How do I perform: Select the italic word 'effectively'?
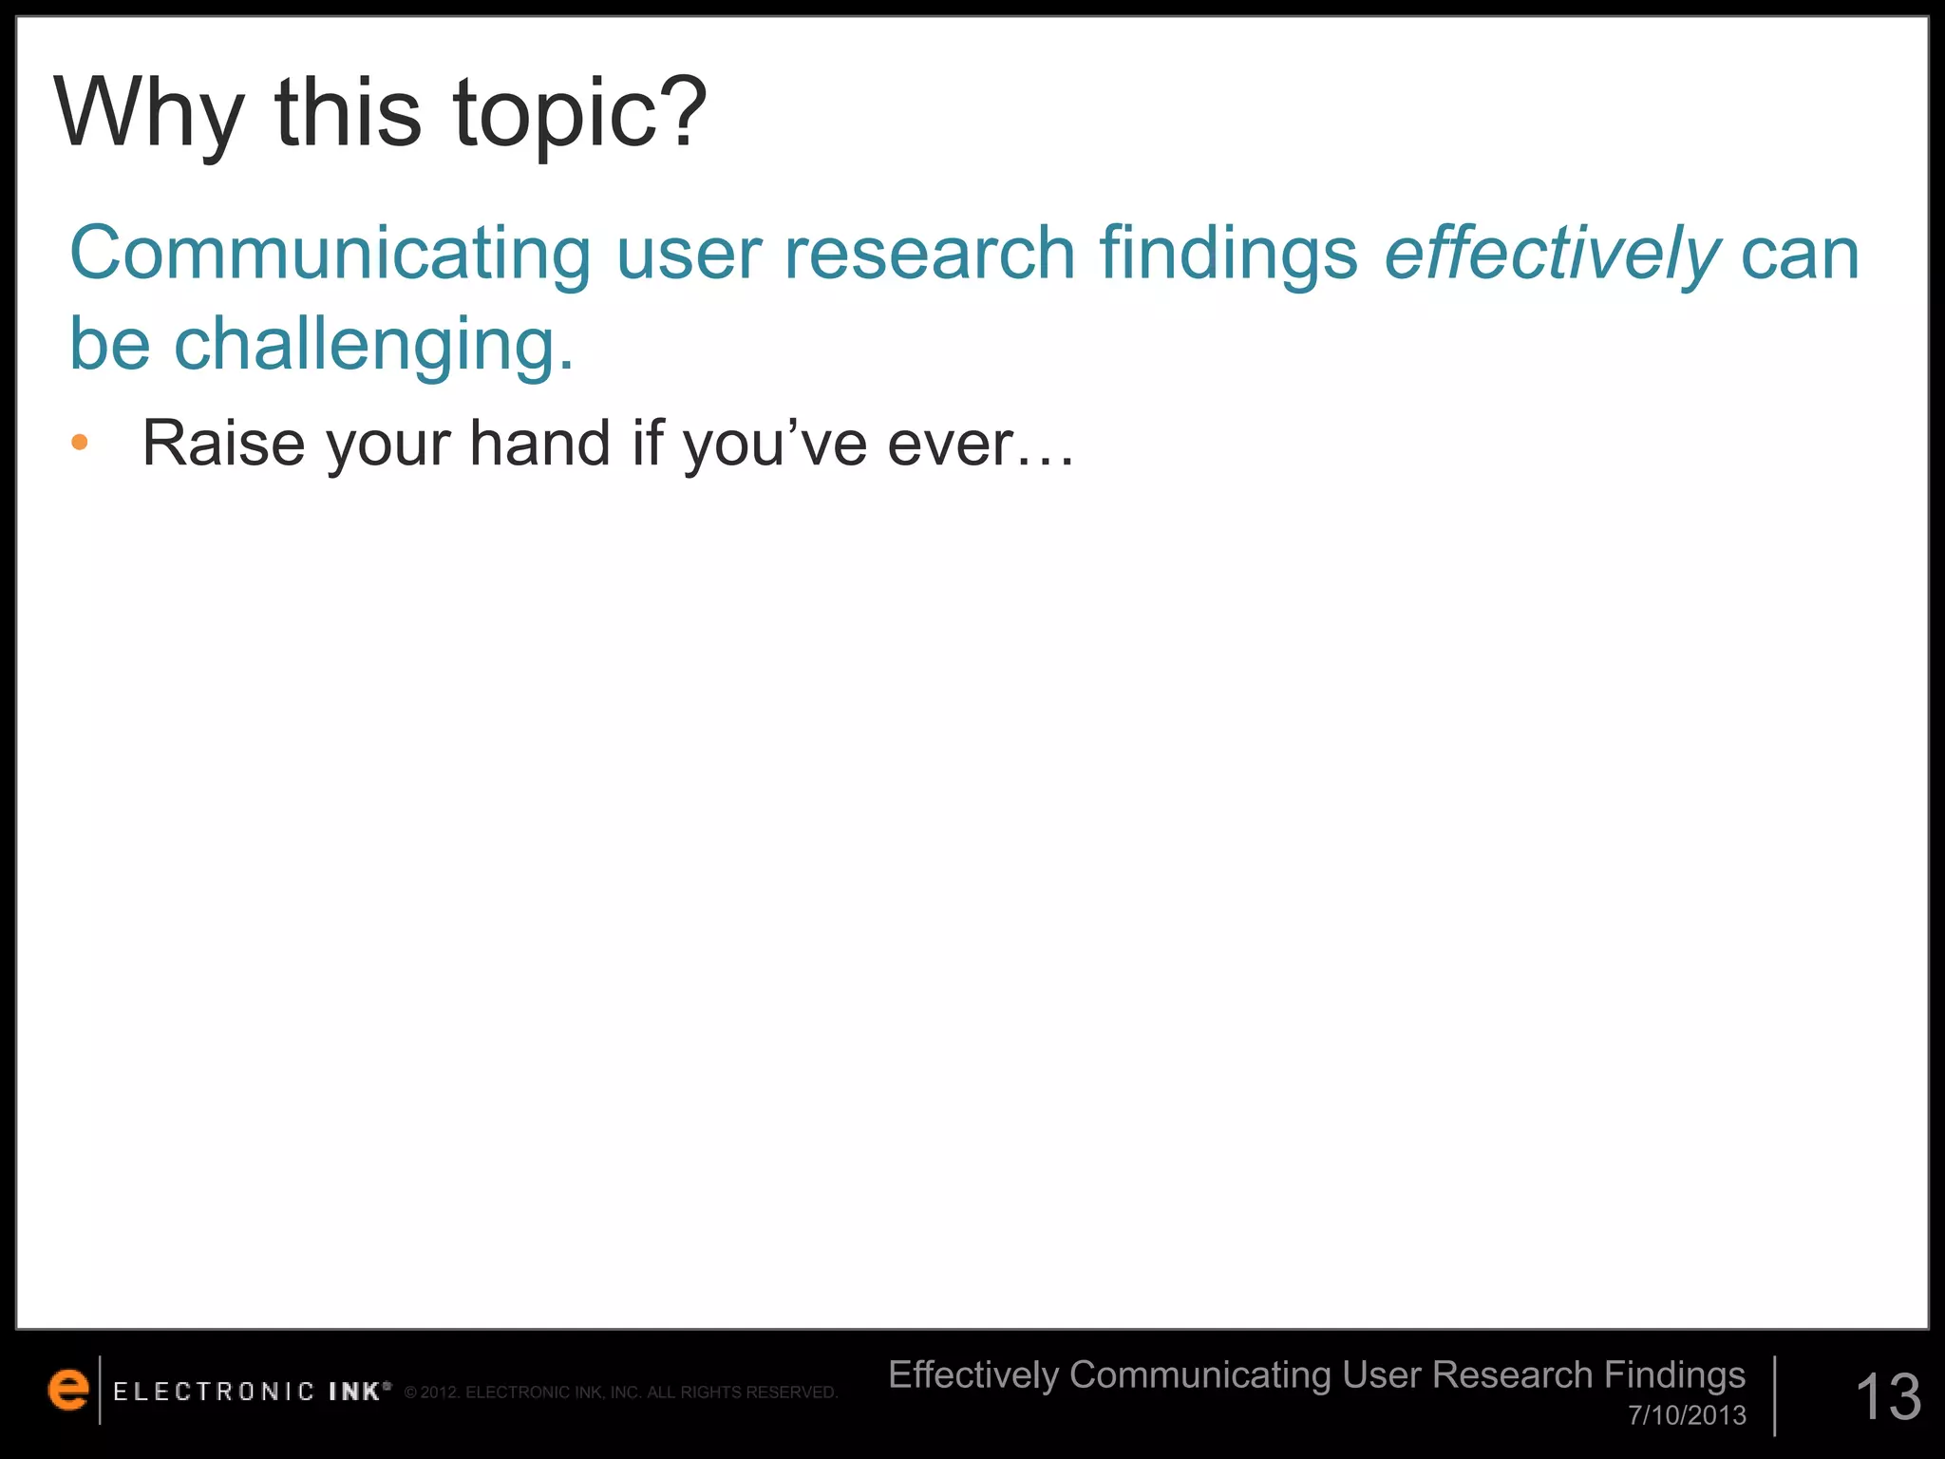(x=1552, y=254)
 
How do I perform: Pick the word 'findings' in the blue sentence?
(x=1229, y=254)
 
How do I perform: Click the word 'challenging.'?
(x=374, y=344)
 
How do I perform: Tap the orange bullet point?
(x=80, y=442)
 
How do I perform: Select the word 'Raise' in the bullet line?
(x=224, y=443)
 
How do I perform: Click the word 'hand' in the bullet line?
(x=540, y=443)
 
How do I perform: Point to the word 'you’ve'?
(x=774, y=443)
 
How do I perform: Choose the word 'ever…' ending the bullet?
(x=980, y=443)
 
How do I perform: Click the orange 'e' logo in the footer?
(x=68, y=1390)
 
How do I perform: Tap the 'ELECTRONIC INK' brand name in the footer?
(x=251, y=1392)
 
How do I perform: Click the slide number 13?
(x=1888, y=1396)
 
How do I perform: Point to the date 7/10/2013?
(x=1687, y=1415)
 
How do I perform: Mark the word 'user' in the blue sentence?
(x=689, y=254)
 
